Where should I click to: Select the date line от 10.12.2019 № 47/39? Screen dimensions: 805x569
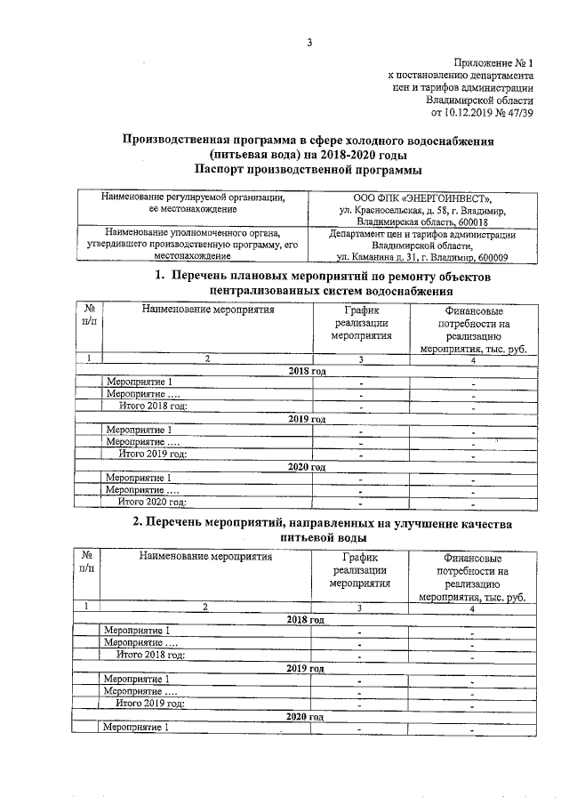pyautogui.click(x=482, y=113)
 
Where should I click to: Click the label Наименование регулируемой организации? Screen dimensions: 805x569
pyautogui.click(x=192, y=197)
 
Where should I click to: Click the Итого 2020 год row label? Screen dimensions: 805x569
pyautogui.click(x=153, y=502)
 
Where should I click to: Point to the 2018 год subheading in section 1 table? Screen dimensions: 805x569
pyautogui.click(x=306, y=369)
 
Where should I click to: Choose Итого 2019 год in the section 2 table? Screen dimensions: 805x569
pyautogui.click(x=151, y=703)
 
